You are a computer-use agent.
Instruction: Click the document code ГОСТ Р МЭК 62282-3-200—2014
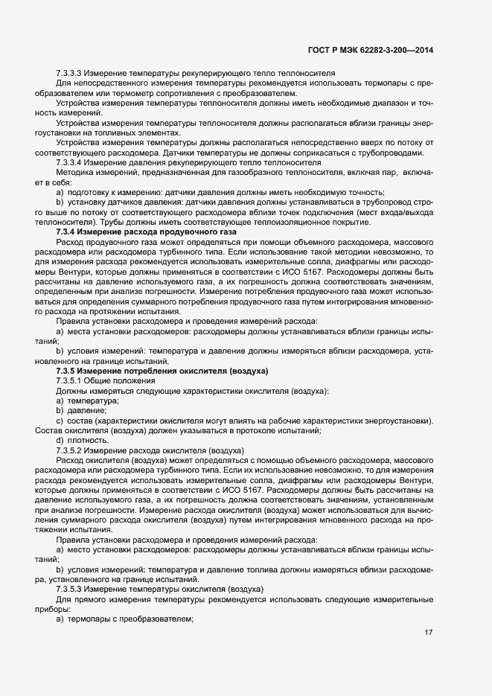370,50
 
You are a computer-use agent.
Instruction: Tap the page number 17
429,633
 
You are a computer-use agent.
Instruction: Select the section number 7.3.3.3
69,72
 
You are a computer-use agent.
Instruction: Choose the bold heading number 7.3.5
67,371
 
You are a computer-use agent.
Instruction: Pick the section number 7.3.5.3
69,589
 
